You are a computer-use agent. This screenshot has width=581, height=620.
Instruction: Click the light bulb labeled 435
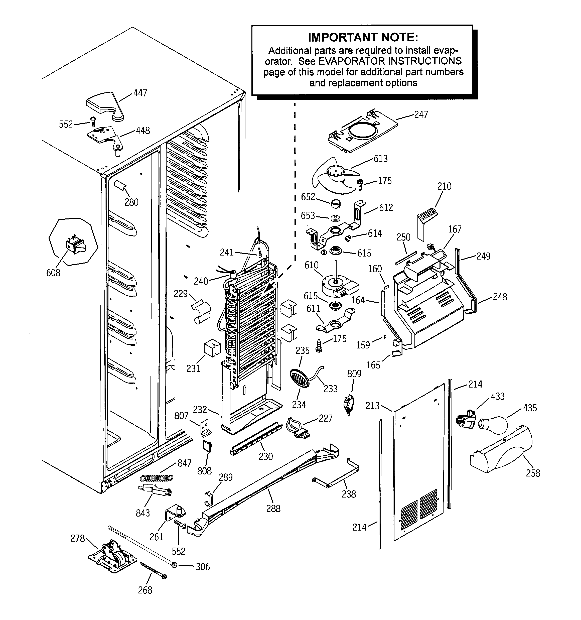[492, 425]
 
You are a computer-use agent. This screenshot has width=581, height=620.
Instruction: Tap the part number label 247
[421, 114]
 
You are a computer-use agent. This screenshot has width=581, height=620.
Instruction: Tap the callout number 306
[202, 566]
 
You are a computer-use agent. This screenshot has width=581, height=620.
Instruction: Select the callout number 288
[273, 508]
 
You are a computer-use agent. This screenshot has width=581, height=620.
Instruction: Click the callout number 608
[53, 273]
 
